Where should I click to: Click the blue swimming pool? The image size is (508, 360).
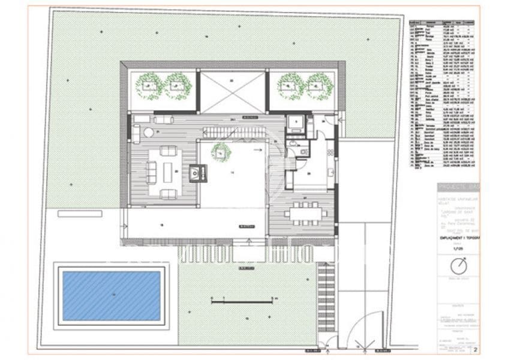(111, 295)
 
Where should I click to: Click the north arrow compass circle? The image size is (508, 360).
(458, 265)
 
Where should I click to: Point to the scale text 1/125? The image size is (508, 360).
(458, 248)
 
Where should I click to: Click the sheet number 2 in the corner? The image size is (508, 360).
(476, 349)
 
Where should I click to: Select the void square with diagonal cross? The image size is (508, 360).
(232, 91)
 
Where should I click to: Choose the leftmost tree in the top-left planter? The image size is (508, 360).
(149, 86)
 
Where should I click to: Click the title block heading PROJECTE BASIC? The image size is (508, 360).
(458, 185)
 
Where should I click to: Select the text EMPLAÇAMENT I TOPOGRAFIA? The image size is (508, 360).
(458, 239)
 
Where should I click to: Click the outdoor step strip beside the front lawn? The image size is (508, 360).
(326, 297)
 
